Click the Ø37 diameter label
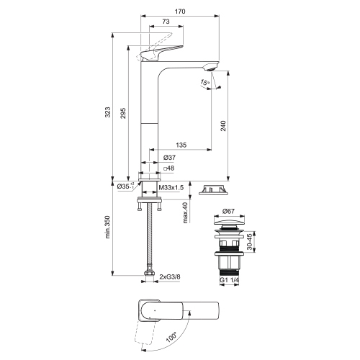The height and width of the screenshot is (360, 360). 169,158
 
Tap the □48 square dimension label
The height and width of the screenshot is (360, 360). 169,169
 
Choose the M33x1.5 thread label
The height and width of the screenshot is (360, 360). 171,186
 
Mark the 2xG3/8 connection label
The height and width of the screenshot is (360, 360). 170,274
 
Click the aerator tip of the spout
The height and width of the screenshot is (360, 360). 210,68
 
